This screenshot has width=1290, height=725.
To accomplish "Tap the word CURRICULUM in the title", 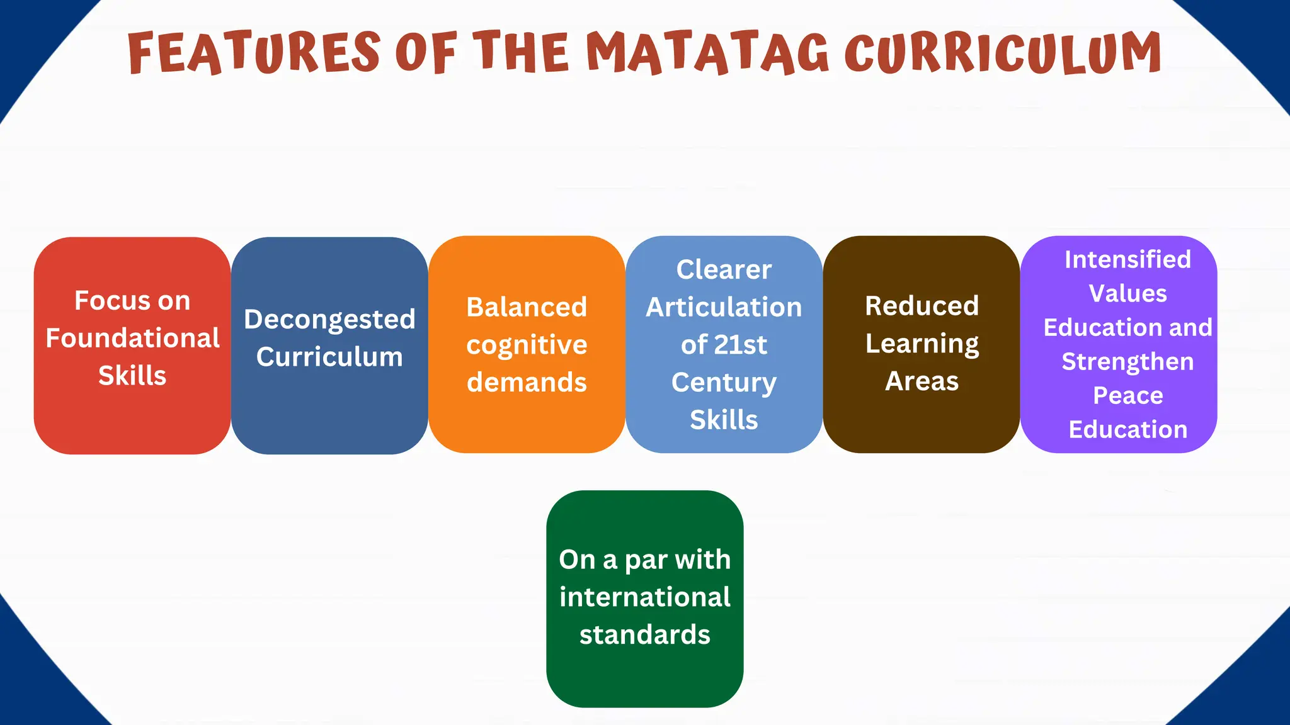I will click(x=1003, y=53).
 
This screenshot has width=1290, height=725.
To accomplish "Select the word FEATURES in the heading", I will click(x=254, y=53).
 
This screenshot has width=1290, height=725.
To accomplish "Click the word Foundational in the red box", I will click(x=132, y=338).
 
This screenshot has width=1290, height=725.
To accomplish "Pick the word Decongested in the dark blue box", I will click(x=329, y=320).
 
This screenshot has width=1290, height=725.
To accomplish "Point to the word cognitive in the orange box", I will click(x=527, y=345).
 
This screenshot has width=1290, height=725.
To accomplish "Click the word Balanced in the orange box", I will click(x=527, y=307).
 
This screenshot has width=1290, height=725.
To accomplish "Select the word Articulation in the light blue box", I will click(x=724, y=307).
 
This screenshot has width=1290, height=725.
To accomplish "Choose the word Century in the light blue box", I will click(x=724, y=383).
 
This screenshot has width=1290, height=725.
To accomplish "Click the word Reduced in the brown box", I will click(x=922, y=306).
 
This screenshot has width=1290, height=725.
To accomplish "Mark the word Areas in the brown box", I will click(x=922, y=381).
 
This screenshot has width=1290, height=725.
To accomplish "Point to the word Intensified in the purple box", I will click(x=1127, y=259).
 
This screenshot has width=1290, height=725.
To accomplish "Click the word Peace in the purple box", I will click(x=1127, y=395).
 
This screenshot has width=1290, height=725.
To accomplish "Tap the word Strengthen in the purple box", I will click(x=1127, y=362).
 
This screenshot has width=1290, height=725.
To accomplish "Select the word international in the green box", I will click(x=644, y=597).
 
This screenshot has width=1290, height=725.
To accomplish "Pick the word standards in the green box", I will click(x=644, y=634).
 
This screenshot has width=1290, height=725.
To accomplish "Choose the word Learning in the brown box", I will click(x=922, y=344).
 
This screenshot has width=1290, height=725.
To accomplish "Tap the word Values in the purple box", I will click(x=1127, y=293).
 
